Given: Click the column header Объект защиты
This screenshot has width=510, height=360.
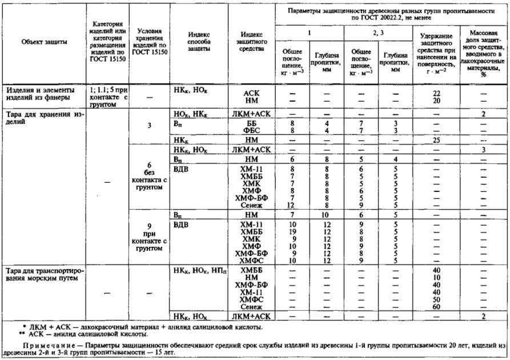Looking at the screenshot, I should coord(43,42).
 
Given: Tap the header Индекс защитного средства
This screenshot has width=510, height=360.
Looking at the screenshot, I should coord(251,42).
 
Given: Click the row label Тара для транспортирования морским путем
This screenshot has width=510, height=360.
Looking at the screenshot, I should coord(43,274).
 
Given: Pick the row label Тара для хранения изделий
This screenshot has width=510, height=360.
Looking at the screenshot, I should coord(43,117).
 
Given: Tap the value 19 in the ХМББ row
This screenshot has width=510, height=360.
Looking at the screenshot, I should coord(292,233).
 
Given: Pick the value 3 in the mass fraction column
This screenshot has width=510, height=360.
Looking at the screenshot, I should coord(483,149).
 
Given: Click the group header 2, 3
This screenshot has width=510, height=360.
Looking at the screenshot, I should coord(379,33).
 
